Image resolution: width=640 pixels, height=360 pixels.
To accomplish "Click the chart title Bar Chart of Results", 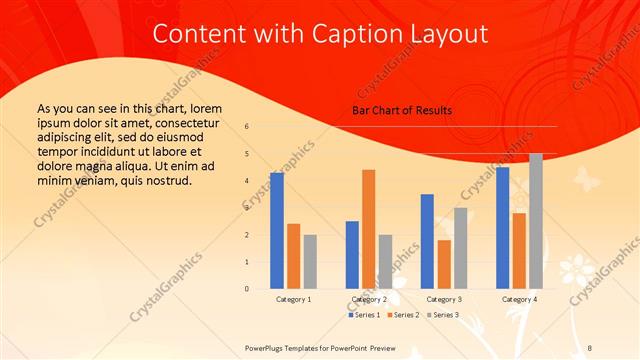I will pyautogui.click(x=401, y=110).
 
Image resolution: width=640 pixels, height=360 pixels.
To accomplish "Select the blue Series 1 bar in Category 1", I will pyautogui.click(x=276, y=231).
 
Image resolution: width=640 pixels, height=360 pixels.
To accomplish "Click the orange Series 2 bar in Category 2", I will pyautogui.click(x=368, y=229).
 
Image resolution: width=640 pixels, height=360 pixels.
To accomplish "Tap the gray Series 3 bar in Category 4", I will pyautogui.click(x=536, y=221).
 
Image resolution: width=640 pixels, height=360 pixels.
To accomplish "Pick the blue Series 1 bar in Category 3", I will pyautogui.click(x=427, y=241).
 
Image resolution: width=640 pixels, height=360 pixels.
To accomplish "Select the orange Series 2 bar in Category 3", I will pyautogui.click(x=444, y=264).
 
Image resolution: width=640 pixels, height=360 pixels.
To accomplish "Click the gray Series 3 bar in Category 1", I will pyautogui.click(x=310, y=262).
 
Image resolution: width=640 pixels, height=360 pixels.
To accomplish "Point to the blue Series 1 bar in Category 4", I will pyautogui.click(x=502, y=228).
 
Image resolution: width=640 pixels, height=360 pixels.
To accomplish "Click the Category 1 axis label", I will pyautogui.click(x=293, y=299).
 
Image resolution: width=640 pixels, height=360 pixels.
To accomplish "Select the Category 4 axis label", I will pyautogui.click(x=519, y=299).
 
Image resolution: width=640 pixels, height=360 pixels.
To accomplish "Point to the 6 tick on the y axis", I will pyautogui.click(x=247, y=127).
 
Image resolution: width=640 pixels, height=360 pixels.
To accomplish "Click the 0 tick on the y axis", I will pyautogui.click(x=247, y=289).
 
